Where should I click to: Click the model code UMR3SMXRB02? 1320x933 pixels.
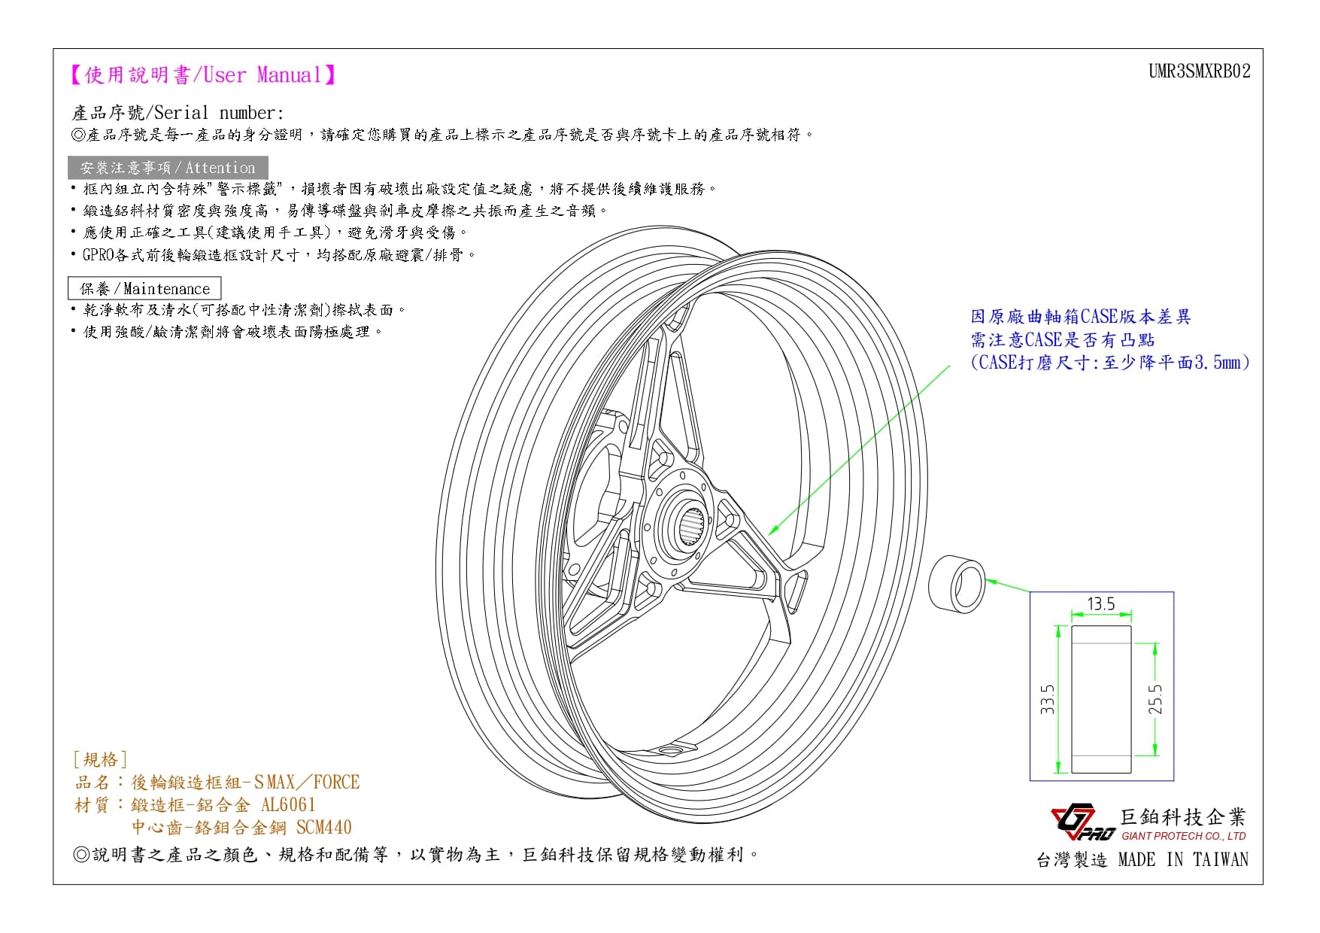[1199, 71]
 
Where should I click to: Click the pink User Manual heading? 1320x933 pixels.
[202, 74]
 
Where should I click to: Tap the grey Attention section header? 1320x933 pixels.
[168, 168]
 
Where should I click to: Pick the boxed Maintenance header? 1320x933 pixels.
[144, 288]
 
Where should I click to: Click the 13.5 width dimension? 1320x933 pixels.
[1100, 604]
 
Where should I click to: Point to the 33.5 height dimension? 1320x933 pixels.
[1048, 699]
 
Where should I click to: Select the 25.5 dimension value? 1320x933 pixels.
[1155, 699]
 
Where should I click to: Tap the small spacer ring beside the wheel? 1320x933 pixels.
[957, 583]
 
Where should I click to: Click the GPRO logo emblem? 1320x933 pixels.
[1082, 822]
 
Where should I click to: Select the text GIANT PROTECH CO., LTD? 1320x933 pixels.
[1184, 836]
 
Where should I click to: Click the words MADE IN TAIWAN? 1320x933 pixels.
[1183, 859]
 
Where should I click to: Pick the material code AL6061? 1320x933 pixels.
[288, 804]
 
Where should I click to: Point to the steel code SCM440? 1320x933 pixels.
[323, 827]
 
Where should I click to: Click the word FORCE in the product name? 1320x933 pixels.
[336, 782]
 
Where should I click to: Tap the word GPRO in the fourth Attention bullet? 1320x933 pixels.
[99, 254]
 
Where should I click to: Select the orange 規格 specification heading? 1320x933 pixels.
[100, 759]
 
